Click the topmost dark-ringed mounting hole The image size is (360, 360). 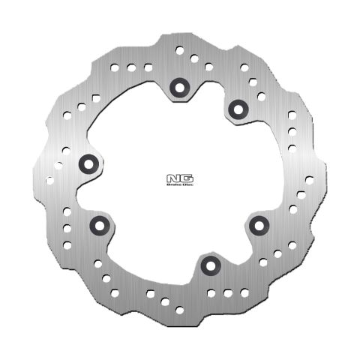[179, 86]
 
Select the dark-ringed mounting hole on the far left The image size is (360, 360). [88, 162]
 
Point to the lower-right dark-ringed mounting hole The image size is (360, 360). [259, 223]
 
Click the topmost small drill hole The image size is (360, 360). [180, 49]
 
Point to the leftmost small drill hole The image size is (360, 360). [49, 179]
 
